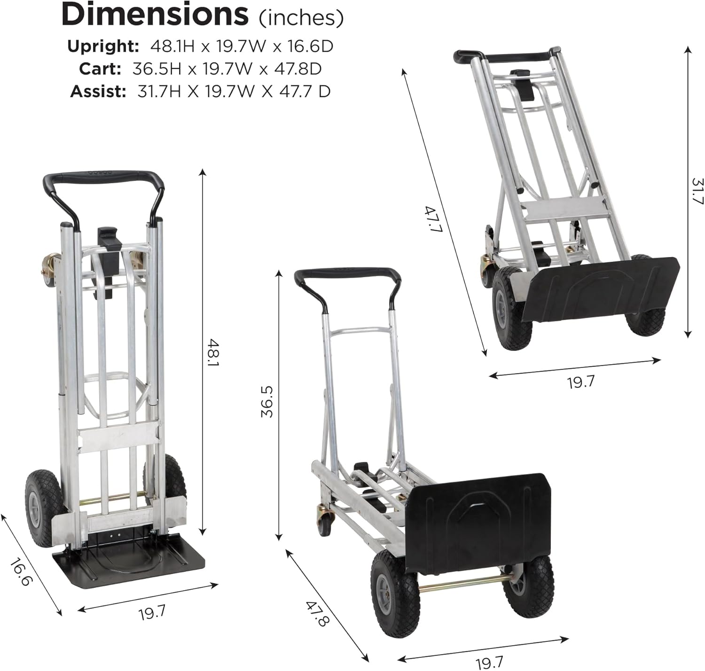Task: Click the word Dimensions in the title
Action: pyautogui.click(x=155, y=15)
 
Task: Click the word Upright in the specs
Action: pyautogui.click(x=102, y=46)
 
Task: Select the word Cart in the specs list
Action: pyautogui.click(x=100, y=69)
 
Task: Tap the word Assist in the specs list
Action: pyautogui.click(x=98, y=91)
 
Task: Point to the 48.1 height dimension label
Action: pyautogui.click(x=214, y=353)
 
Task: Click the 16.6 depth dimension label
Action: pyautogui.click(x=21, y=572)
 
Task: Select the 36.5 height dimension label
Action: pyautogui.click(x=267, y=402)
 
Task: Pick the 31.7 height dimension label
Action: pyautogui.click(x=697, y=191)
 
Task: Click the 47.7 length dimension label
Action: pyautogui.click(x=430, y=220)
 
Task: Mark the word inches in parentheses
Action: pyautogui.click(x=301, y=18)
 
